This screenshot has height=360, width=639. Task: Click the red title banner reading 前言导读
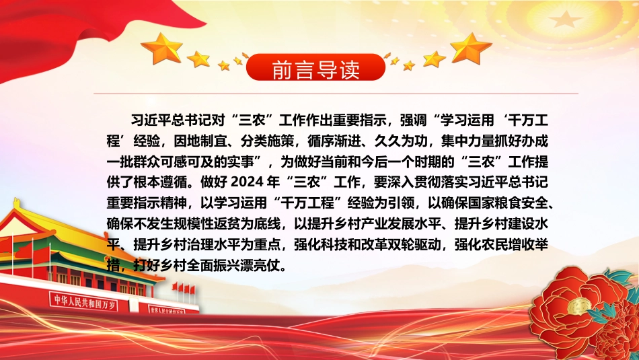[316, 67]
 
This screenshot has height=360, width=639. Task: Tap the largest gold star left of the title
[162, 48]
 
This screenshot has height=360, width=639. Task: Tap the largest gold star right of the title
[471, 48]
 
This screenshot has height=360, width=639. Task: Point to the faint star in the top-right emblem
[565, 19]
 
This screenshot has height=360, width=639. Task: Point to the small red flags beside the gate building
[184, 289]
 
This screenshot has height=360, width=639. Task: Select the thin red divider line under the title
[336, 94]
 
